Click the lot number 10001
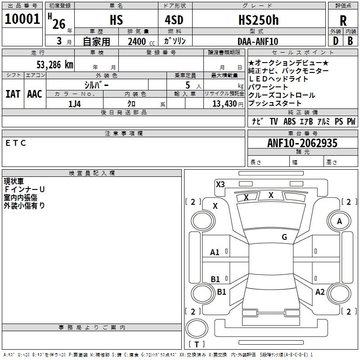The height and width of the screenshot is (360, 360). (22, 19)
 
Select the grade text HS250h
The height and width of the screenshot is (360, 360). (259, 20)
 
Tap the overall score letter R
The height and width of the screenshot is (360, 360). (343, 21)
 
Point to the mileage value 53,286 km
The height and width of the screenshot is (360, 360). (55, 64)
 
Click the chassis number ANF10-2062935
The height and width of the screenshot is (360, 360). (302, 143)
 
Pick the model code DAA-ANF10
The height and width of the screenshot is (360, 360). (258, 41)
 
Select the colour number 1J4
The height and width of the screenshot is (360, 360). (75, 104)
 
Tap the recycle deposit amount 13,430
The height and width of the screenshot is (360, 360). (224, 103)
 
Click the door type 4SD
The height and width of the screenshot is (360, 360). (174, 20)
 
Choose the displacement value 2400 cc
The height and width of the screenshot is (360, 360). (141, 41)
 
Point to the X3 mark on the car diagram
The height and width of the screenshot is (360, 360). (220, 184)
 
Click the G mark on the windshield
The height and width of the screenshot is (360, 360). (284, 237)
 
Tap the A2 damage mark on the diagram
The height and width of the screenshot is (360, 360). (320, 292)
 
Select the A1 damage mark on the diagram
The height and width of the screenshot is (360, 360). (215, 252)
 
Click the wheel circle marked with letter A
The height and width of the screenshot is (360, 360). (339, 221)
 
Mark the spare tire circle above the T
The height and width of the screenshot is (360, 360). (197, 328)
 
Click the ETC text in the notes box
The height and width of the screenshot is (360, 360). (16, 143)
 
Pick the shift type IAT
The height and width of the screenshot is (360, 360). (13, 94)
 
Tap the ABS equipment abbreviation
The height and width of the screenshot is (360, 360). (289, 121)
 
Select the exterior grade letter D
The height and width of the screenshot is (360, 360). (336, 41)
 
